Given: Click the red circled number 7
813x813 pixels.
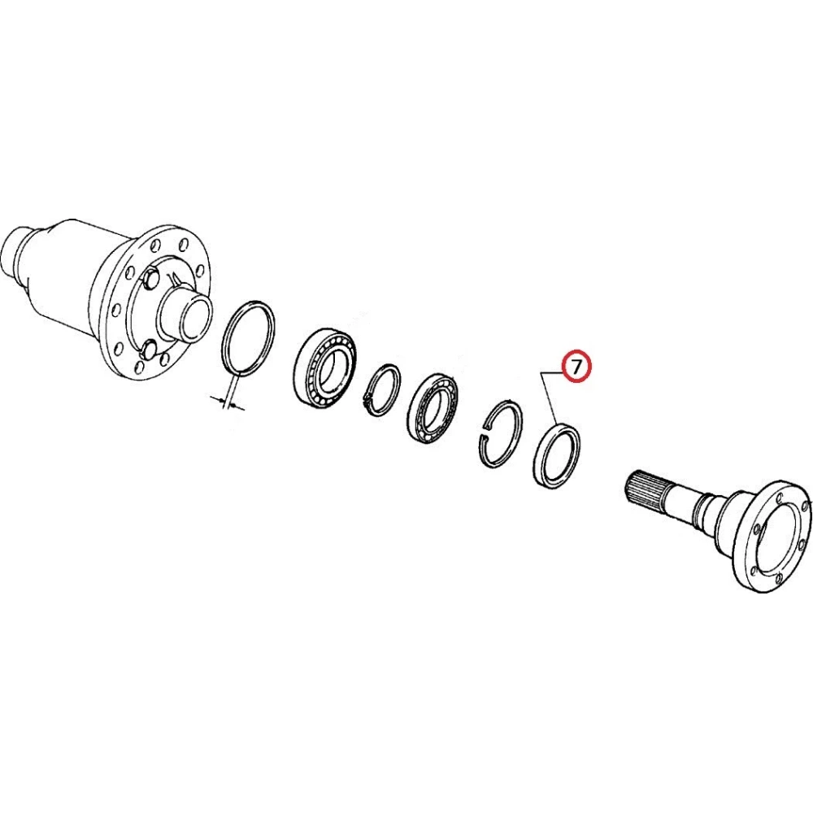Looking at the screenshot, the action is click(576, 367).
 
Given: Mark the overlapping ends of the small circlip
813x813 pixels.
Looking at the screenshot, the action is click(367, 400).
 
